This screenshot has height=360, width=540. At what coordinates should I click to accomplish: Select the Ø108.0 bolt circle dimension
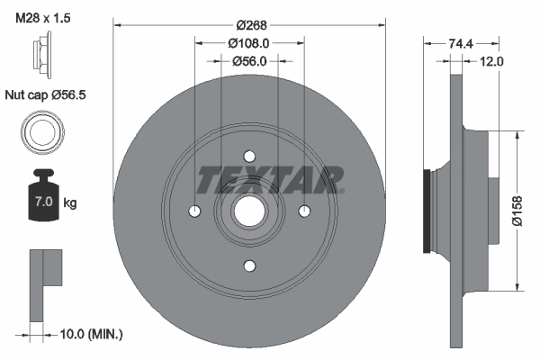[x=249, y=42]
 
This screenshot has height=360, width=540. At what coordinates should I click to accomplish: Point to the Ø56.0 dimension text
[x=249, y=61]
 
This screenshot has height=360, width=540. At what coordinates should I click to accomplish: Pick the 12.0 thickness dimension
[x=491, y=61]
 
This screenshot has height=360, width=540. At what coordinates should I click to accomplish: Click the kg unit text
[x=70, y=203]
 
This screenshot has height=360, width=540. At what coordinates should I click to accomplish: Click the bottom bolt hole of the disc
[x=248, y=265]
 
